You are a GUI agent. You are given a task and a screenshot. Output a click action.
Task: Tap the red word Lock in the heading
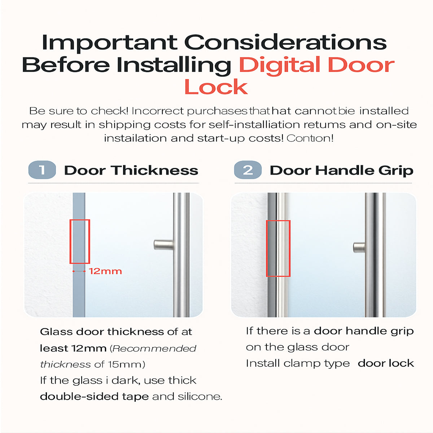(216, 87)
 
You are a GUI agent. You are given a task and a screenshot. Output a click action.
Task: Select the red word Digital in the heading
(279, 65)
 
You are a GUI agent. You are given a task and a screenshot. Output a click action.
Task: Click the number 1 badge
(42, 170)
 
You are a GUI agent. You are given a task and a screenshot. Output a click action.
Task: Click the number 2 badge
(248, 170)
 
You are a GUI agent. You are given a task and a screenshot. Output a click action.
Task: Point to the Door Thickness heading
(131, 170)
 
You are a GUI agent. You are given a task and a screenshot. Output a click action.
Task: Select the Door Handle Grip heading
(341, 170)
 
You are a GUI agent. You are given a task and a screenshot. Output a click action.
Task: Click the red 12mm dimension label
(105, 271)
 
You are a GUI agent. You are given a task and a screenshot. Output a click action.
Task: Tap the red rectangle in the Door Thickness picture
(79, 241)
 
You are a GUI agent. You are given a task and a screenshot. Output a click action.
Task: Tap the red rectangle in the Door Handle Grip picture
(278, 248)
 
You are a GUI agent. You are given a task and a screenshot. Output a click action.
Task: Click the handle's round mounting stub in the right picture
(359, 248)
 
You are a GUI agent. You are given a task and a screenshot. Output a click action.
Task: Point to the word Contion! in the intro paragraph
(310, 138)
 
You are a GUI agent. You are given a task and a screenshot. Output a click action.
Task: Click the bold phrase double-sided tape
(94, 396)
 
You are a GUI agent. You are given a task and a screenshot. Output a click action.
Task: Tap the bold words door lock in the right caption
(386, 363)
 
